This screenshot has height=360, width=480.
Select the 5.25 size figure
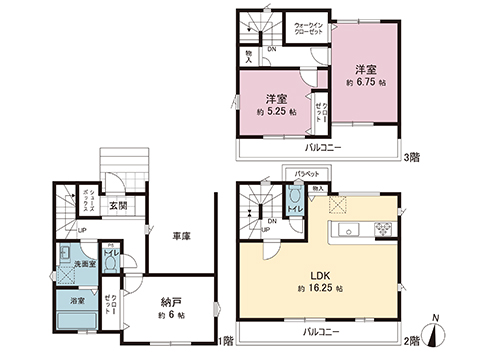pos(281,112)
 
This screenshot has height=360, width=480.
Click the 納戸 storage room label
pos(171,301)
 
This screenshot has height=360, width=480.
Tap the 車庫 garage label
pos(182,237)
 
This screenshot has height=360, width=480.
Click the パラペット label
pos(306,174)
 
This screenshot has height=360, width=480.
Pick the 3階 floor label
pos(412,157)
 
